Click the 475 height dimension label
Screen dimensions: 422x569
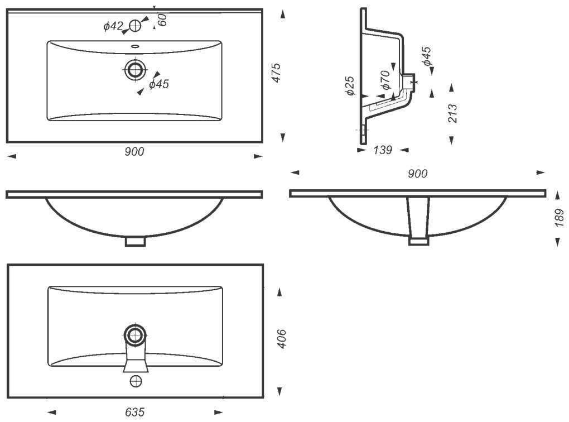click(276, 73)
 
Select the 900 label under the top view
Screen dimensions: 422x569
click(134, 151)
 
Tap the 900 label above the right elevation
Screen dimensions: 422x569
click(417, 174)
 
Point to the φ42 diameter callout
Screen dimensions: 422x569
click(113, 26)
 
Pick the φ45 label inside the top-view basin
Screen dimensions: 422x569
click(159, 84)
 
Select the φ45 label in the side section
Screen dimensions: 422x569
click(427, 57)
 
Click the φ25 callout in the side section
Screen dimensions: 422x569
click(350, 86)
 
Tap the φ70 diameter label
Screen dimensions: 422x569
click(385, 80)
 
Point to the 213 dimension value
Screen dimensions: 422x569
click(452, 113)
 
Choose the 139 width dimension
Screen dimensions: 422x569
click(382, 150)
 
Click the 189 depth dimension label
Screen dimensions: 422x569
click(560, 218)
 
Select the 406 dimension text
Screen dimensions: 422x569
click(282, 339)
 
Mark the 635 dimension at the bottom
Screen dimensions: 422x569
click(134, 413)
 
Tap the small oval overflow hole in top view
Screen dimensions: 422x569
click(135, 46)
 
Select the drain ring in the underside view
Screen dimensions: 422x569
click(134, 335)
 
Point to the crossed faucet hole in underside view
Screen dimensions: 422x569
click(135, 382)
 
